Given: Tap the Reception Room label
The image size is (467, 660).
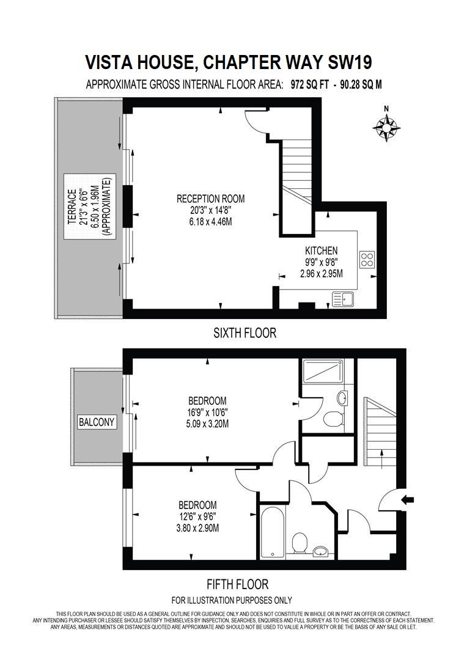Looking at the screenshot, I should (x=210, y=199).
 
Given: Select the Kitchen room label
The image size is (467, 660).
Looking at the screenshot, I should (x=321, y=251).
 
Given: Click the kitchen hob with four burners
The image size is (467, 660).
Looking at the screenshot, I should (x=367, y=259).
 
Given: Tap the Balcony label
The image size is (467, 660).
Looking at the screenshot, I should (x=97, y=422).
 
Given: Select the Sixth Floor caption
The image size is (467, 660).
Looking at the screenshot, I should (x=245, y=333).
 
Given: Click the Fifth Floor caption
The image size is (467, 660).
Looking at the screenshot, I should (x=237, y=584).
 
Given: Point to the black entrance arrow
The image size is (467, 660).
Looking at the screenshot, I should (x=407, y=500).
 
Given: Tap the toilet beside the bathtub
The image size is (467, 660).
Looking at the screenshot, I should (x=299, y=543).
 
